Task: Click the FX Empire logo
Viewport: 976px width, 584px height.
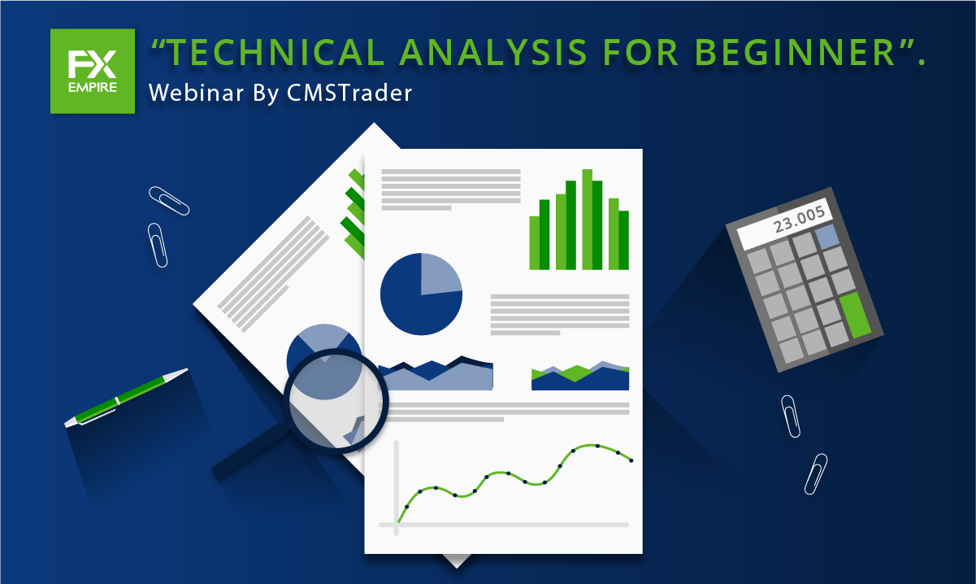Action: click(92, 71)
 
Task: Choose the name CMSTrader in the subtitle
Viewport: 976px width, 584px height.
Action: click(349, 93)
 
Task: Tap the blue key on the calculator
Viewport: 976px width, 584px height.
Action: click(826, 238)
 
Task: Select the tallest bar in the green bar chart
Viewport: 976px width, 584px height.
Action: click(587, 219)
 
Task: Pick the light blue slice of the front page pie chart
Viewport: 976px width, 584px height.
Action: click(440, 272)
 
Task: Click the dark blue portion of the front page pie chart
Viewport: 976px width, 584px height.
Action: click(414, 305)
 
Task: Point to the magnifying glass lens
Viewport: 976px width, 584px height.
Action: click(336, 395)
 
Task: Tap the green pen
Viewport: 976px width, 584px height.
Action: click(126, 398)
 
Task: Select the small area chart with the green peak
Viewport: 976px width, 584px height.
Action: click(580, 376)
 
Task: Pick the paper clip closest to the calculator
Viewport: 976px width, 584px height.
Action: click(790, 416)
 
